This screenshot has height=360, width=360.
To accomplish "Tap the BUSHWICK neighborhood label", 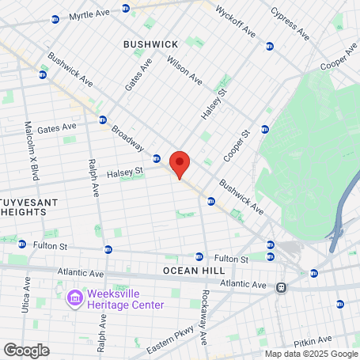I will (150, 44).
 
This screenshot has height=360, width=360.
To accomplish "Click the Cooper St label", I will (237, 146).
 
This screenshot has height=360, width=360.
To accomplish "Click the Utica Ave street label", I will (27, 292).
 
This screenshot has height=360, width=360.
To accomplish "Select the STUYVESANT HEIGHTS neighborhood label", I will (28, 208).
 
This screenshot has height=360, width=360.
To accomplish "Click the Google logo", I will (26, 350).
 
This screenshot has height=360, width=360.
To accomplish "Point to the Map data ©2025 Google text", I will (311, 354).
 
